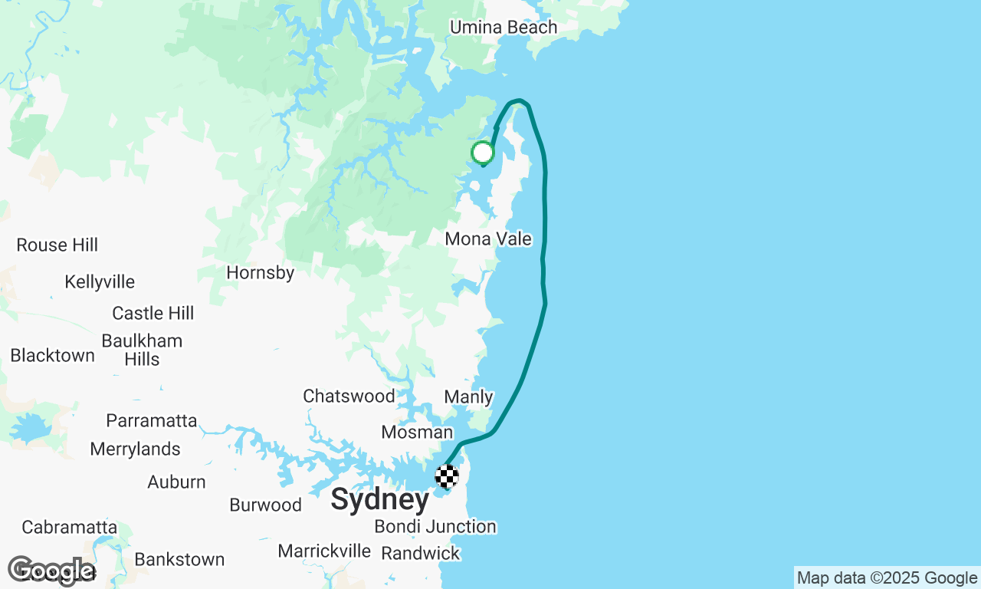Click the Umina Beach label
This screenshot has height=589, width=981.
tap(504, 28)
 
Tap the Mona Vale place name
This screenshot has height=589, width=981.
tap(488, 239)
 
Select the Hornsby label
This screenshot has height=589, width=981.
tap(261, 272)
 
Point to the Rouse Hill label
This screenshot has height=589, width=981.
tap(57, 245)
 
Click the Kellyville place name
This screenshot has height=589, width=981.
tap(100, 282)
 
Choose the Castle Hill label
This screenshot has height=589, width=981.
tap(153, 314)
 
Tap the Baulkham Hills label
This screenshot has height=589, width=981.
tap(142, 350)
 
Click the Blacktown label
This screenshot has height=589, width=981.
tap(53, 356)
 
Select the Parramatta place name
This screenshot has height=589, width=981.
tap(152, 421)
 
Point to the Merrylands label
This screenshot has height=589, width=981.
tap(136, 449)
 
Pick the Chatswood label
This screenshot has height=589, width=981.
tap(349, 397)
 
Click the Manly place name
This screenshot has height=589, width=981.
tap(468, 397)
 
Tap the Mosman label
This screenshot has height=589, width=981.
tap(417, 433)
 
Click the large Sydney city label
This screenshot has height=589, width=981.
tap(380, 500)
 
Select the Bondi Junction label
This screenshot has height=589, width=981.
tap(435, 527)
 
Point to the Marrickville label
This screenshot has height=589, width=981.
tap(324, 551)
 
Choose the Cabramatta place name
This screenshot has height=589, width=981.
tap(70, 528)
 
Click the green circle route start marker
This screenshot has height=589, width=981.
tap(482, 153)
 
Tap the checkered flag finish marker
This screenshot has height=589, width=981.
tap(447, 476)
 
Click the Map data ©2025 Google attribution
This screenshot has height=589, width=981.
tap(887, 578)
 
